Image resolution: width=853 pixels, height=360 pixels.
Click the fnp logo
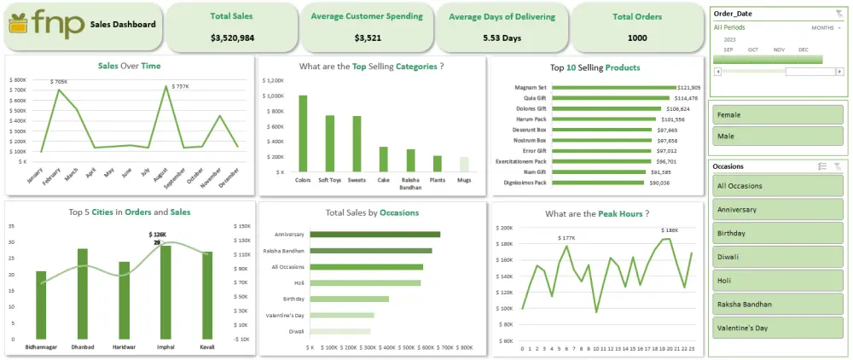(44, 26)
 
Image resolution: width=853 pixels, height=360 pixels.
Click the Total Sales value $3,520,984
(231, 38)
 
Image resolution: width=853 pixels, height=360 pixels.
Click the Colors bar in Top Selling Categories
(303, 133)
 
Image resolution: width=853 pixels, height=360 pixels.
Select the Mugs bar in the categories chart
(463, 165)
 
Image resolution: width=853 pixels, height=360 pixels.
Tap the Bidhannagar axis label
(41, 347)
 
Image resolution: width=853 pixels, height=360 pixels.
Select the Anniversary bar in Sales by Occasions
(375, 234)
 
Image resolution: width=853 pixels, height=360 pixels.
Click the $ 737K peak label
(181, 86)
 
